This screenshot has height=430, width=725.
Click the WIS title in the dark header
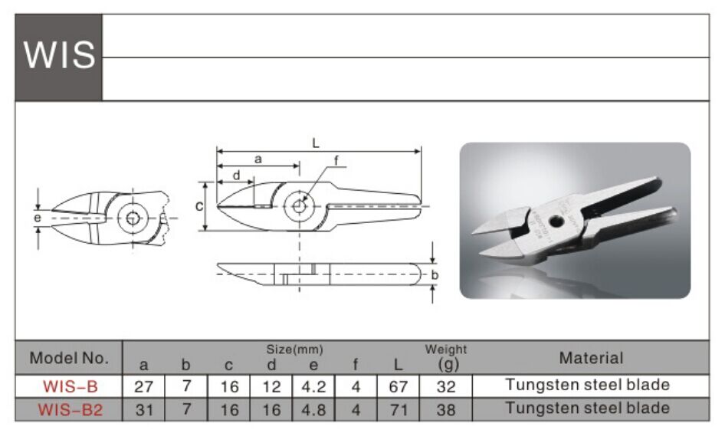pos(59,54)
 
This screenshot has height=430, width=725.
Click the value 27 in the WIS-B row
pos(143,386)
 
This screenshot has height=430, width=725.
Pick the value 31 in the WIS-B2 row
pos(144,409)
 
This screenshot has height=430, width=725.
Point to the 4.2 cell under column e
pos(313,386)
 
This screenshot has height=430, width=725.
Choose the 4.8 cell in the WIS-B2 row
pos(313,409)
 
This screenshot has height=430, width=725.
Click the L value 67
pos(398,386)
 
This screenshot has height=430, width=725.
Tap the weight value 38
pos(446,409)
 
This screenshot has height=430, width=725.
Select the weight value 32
pos(446,386)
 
